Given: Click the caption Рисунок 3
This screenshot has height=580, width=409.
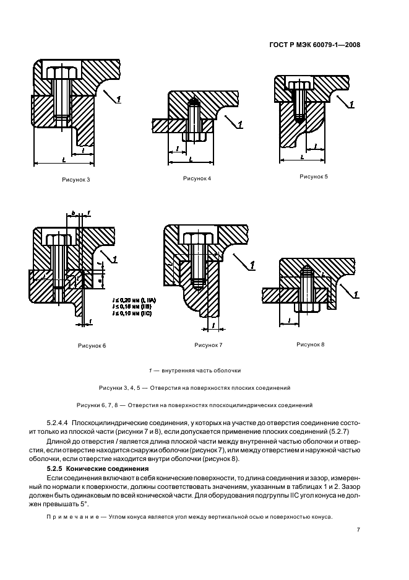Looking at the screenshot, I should tap(75, 179).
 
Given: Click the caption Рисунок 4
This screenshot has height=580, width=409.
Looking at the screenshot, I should tap(197, 178).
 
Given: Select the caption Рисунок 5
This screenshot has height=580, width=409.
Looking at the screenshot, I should tap(314, 177).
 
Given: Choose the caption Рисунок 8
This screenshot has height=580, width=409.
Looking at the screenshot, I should tap(311, 343).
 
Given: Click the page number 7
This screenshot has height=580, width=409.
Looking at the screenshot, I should tap(359, 530).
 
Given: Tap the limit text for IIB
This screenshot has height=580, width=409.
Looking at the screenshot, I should tap(132, 306).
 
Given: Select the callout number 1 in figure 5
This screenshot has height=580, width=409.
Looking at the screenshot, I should tap(351, 105).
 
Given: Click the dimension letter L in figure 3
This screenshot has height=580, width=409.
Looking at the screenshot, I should tap(64, 159).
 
